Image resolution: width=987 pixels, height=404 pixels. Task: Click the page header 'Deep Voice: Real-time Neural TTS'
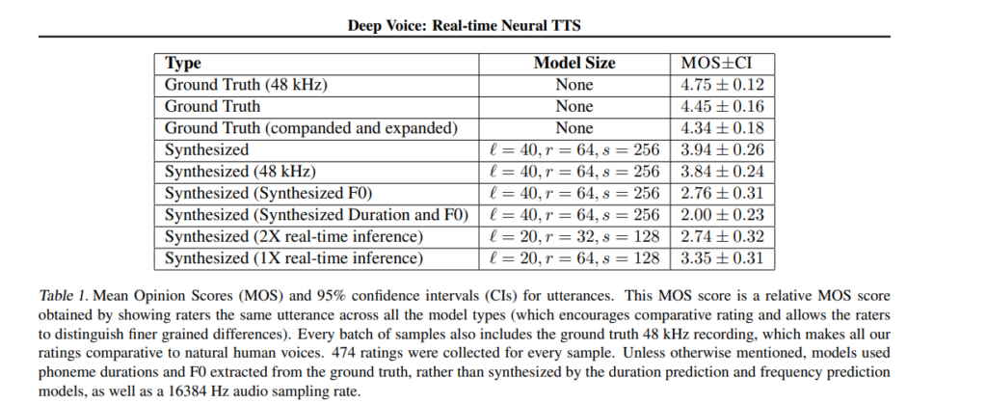coord(464,26)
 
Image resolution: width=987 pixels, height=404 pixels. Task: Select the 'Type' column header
coord(182,64)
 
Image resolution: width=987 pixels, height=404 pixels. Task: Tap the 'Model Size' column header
coord(574,63)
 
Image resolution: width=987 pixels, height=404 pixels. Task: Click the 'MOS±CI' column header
coord(716,63)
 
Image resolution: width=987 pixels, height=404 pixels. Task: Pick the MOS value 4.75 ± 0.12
coord(722,85)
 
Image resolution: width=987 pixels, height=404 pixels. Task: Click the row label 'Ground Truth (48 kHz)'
coord(246,85)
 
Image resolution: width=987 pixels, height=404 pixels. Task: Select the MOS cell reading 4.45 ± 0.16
coord(722,106)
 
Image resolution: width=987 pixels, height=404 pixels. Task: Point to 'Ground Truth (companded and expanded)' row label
coord(311,128)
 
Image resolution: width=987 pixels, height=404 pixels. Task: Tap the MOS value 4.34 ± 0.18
coord(722,128)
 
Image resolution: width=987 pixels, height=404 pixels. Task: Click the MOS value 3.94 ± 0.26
coord(722,149)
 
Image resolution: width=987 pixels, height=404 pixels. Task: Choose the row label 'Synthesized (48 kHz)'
coord(240,172)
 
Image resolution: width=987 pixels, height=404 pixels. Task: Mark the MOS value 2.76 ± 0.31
coord(722,193)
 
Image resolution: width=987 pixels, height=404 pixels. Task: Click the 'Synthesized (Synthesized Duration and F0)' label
coord(316,215)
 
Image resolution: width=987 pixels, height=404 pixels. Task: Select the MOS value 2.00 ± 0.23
coord(722,215)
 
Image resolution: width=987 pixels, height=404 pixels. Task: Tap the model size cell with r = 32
coord(574,236)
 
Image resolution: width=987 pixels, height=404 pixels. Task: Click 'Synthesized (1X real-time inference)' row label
coord(294,258)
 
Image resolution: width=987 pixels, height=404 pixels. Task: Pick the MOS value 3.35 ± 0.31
coord(722,258)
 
